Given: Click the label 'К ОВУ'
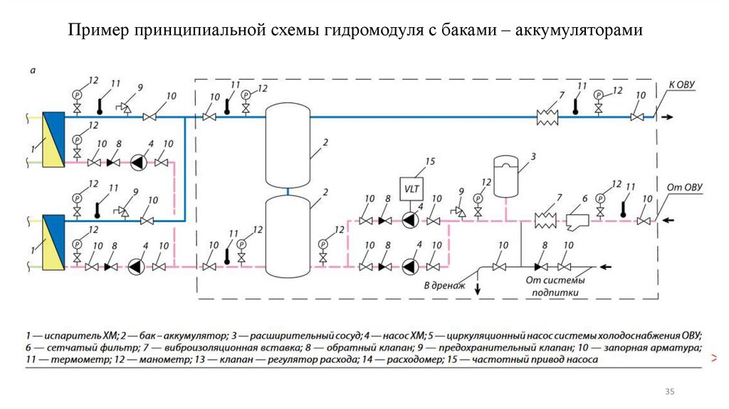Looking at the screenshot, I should point(681,85).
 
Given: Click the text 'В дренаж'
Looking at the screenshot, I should point(444,285).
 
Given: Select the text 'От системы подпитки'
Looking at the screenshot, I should point(552,286).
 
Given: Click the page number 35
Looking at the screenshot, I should point(669,392).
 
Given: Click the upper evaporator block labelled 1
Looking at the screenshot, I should point(54,140).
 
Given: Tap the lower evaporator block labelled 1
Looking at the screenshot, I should point(54,243).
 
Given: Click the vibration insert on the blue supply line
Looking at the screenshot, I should point(547,118).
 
